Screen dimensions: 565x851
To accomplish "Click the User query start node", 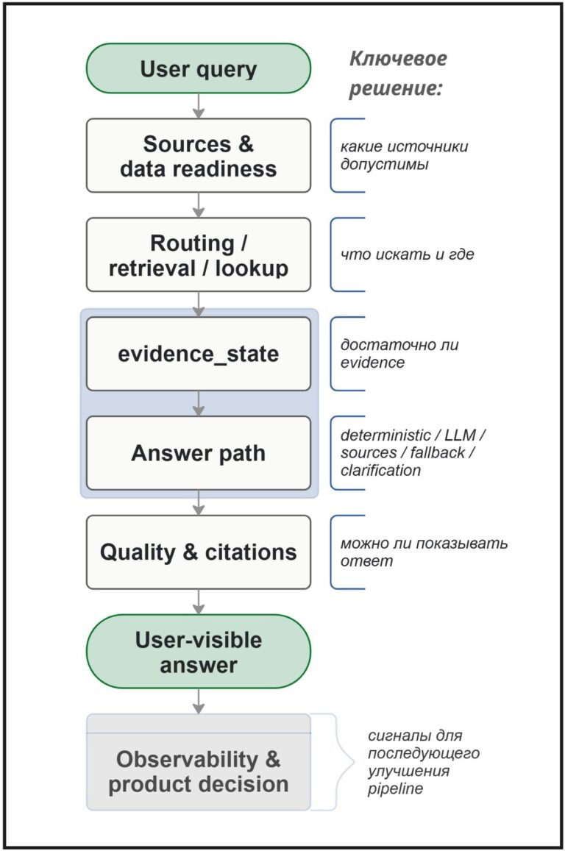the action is point(198,68).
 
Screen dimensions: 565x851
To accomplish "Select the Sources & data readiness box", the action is point(198,156).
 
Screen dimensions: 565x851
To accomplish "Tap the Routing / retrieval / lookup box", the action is point(198,255).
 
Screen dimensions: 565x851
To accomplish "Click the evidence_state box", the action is point(198,354).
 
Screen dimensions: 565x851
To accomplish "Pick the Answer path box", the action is point(198,453).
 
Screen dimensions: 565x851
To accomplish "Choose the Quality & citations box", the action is point(198,552).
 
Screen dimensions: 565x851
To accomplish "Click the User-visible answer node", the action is point(198,652).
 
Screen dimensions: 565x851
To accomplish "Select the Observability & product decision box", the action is point(198,762).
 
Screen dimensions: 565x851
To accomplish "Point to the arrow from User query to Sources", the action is point(198,106).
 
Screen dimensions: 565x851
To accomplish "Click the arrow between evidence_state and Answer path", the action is point(198,403).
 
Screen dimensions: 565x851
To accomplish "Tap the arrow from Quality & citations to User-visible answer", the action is point(198,602).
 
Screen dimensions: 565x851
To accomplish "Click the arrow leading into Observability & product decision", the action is point(198,701).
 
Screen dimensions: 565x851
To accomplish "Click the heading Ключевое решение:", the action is point(398,74).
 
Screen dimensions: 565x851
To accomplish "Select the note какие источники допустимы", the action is point(404,155).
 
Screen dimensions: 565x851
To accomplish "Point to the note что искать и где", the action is point(407,254).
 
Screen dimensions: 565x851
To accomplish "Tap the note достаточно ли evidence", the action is point(399,353).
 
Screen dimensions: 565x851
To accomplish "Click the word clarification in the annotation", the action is point(380,470).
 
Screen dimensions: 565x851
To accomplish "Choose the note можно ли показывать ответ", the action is point(424,552).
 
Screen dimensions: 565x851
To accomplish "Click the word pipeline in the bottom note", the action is point(395,788).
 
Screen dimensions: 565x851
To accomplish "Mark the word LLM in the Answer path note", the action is point(460,435).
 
